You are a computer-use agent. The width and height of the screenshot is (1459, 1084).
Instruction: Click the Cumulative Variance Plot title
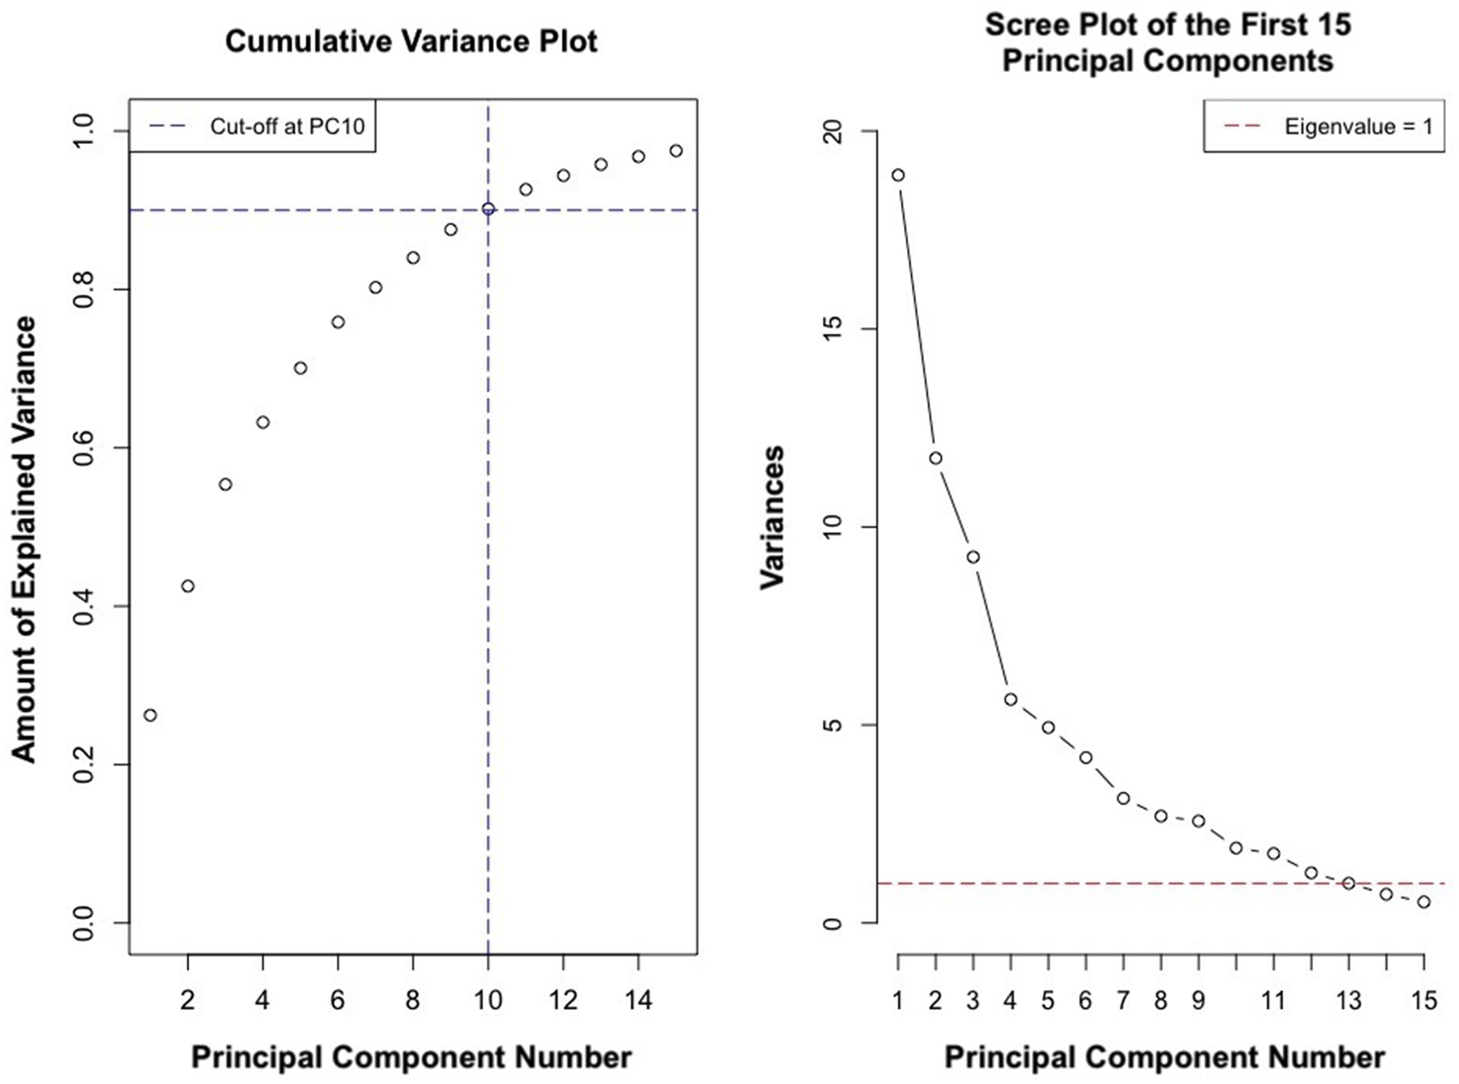(411, 41)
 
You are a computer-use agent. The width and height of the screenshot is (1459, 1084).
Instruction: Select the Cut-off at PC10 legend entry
(287, 126)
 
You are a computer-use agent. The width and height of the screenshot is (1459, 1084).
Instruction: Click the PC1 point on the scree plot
(898, 175)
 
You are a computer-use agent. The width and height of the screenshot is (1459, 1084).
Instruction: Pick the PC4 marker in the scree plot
(1011, 699)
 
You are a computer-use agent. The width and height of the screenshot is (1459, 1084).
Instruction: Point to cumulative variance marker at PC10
(488, 209)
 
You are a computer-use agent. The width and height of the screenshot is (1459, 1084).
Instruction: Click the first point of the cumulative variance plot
(150, 715)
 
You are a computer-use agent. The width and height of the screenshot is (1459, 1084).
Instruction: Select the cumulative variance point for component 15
(676, 151)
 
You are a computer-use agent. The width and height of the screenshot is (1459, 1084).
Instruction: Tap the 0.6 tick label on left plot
(85, 448)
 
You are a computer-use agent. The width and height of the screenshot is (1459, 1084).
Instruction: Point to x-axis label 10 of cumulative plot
(488, 1001)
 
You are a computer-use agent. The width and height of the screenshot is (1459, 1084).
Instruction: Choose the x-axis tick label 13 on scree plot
(1349, 1001)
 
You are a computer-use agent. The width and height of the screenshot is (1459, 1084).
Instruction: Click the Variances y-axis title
(772, 517)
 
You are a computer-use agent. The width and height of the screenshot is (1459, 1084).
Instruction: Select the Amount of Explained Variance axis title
(25, 539)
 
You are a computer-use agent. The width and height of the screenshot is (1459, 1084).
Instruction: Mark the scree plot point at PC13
(1349, 883)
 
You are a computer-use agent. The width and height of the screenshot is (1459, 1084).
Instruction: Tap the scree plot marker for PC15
(1424, 902)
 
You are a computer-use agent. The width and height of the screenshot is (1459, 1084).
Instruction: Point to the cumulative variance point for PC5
(300, 368)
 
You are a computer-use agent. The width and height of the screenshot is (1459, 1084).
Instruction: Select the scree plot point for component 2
(936, 458)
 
